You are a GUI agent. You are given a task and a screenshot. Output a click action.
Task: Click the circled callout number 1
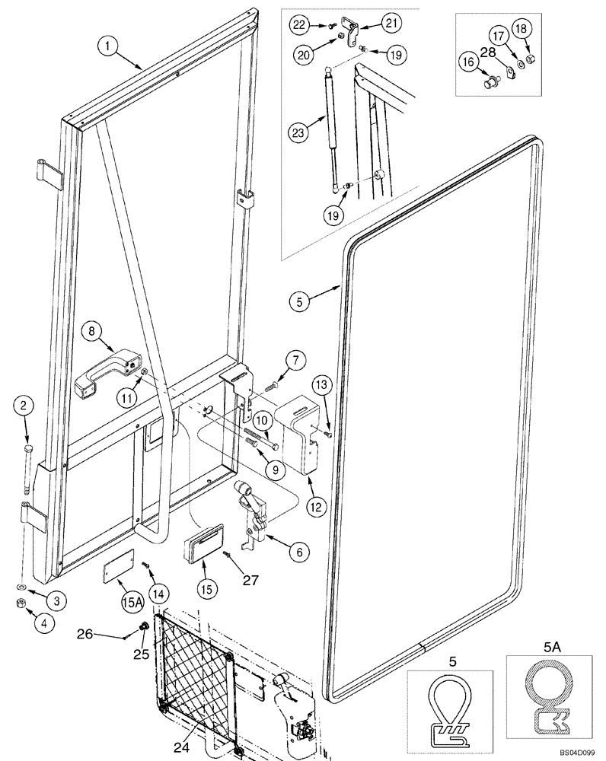tap(108, 46)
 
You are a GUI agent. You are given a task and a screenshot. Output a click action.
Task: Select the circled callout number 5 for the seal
tap(301, 301)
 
